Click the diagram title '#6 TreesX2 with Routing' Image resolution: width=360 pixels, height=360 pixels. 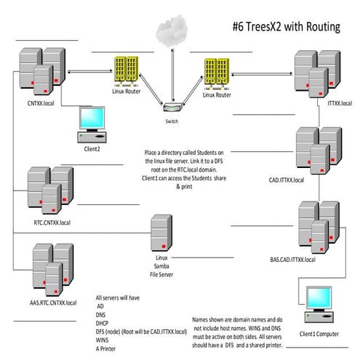(286, 28)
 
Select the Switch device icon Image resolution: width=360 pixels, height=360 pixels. (172, 107)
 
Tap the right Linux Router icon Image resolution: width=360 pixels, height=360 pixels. (216, 75)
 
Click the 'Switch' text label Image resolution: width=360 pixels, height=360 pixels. (172, 121)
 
